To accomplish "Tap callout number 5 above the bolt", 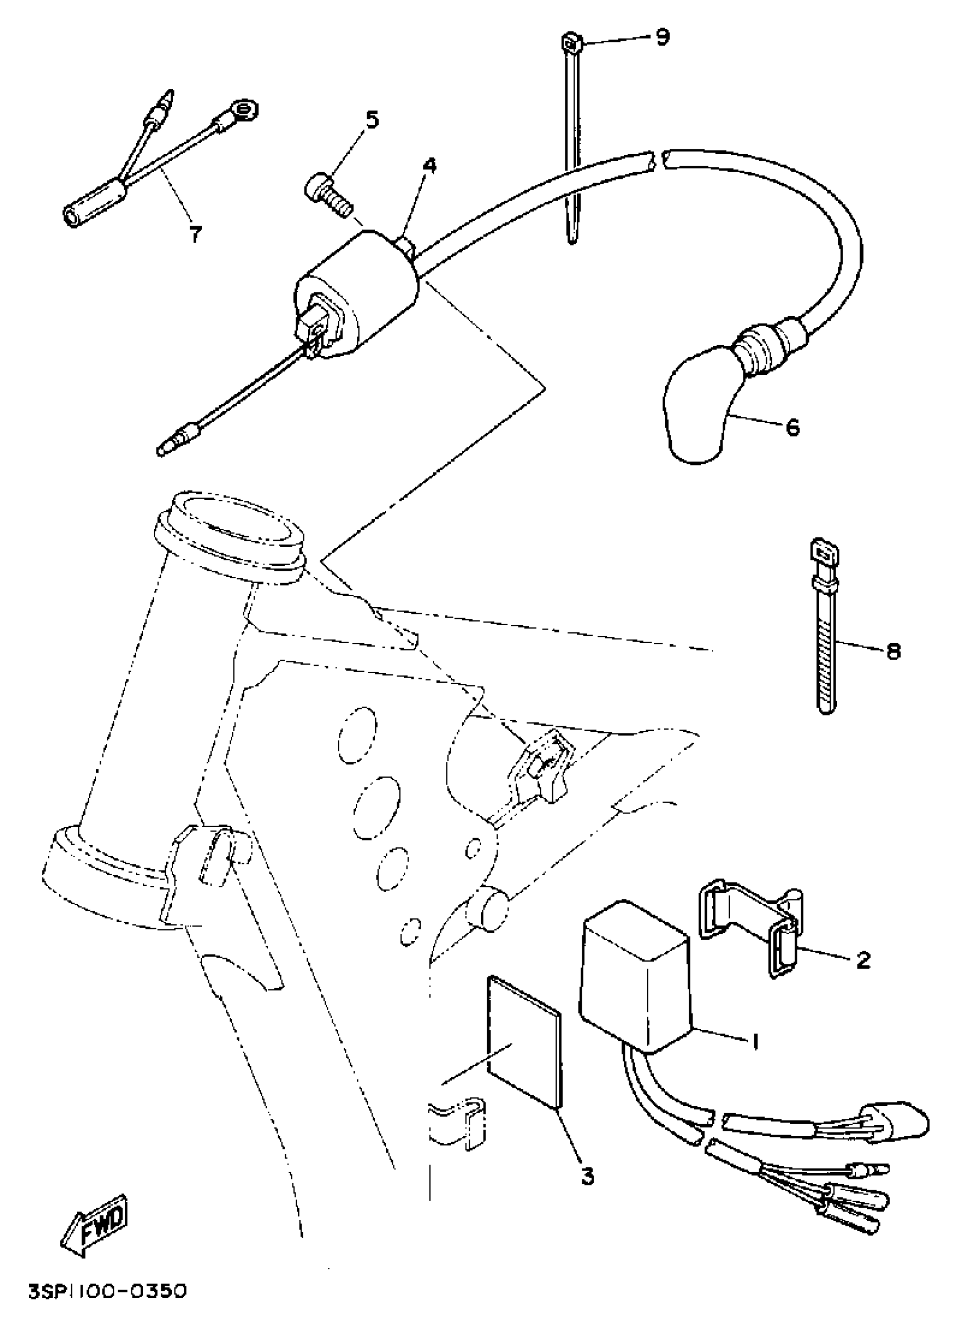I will [372, 119].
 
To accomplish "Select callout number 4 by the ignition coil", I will [429, 166].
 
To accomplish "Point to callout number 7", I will [195, 235].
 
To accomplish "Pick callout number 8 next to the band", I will [894, 650].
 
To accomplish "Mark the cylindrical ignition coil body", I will [357, 292].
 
